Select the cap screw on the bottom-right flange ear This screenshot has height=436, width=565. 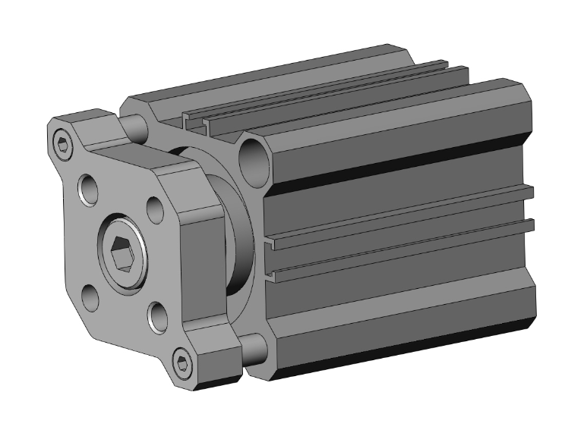(x=182, y=362)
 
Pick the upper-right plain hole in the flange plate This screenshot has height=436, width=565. (x=153, y=207)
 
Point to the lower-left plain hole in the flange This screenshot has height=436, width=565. (x=91, y=297)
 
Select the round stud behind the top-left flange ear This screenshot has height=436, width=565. (x=134, y=126)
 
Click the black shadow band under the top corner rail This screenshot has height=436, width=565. (x=395, y=156)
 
